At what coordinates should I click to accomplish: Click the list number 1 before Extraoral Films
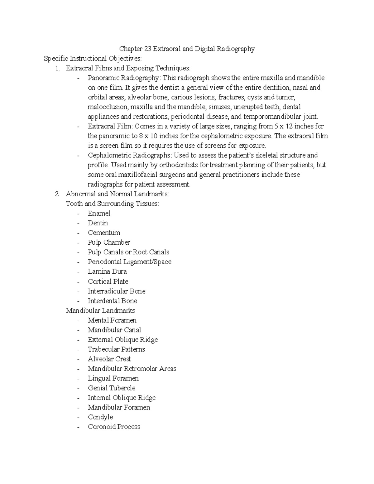[57, 68]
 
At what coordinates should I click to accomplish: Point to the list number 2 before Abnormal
[57, 194]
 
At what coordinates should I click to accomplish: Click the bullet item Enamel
[99, 213]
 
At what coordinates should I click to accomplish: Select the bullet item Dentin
[98, 223]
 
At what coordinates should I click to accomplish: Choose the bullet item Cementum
[104, 232]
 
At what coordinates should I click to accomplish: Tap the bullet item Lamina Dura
[107, 271]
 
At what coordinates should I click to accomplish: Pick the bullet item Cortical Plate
[108, 281]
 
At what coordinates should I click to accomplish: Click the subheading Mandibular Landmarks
[100, 310]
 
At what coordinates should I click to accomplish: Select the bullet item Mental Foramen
[112, 320]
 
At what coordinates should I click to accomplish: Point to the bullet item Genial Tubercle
[111, 388]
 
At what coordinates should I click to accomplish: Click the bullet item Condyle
[100, 417]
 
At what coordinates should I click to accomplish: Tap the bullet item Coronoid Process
[114, 427]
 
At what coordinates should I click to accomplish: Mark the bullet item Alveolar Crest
[109, 359]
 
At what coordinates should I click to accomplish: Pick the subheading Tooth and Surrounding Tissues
[112, 204]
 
